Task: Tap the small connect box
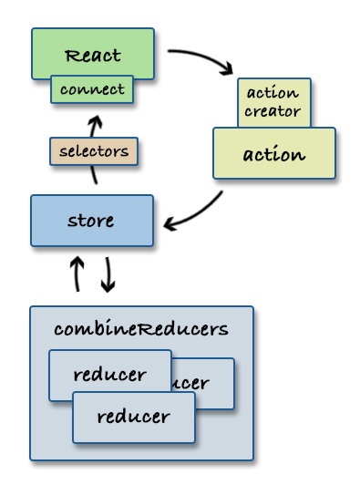pos(92,89)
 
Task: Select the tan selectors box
pos(93,151)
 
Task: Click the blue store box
pos(91,221)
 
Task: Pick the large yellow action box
pos(273,153)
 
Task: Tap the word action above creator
pos(273,93)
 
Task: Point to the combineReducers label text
pos(141,328)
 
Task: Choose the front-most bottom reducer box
pos(134,417)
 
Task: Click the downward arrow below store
pos(108,273)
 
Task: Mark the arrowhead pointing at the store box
pos(170,223)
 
